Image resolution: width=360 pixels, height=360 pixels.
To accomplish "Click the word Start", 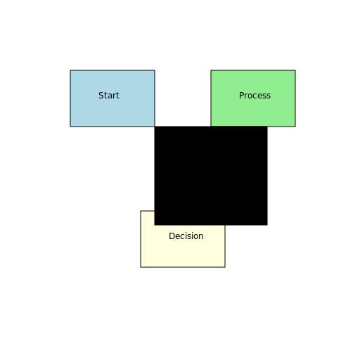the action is pyautogui.click(x=109, y=96).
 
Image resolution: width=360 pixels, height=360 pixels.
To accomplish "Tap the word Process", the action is pyautogui.click(x=255, y=96).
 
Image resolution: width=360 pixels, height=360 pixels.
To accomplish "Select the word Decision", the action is pyautogui.click(x=186, y=236).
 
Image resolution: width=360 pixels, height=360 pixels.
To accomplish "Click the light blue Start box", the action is pyautogui.click(x=112, y=98).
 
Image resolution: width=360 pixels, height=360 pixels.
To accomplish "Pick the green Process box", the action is pyautogui.click(x=253, y=98).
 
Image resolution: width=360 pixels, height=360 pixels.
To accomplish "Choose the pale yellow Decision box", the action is pyautogui.click(x=183, y=246).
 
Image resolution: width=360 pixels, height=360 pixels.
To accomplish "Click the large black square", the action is pyautogui.click(x=211, y=176).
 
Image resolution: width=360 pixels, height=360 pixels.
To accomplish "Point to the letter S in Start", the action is pyautogui.click(x=101, y=96).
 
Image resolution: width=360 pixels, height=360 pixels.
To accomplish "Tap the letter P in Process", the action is pyautogui.click(x=242, y=96).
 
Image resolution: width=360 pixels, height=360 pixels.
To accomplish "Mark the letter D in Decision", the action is pyautogui.click(x=172, y=236).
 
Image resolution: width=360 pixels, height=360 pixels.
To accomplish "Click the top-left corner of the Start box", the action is pyautogui.click(x=70, y=70).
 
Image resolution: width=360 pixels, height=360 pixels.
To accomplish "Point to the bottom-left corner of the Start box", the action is pyautogui.click(x=70, y=127).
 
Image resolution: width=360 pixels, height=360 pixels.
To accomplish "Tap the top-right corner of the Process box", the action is pyautogui.click(x=295, y=70).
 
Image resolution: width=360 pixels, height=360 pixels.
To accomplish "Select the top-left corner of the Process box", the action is pyautogui.click(x=211, y=70).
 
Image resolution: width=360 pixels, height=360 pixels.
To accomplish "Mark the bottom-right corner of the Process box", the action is pyautogui.click(x=295, y=127).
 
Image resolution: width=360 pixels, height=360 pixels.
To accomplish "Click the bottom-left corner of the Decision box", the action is pyautogui.click(x=141, y=267).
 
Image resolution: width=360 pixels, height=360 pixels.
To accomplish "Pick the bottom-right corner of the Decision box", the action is pyautogui.click(x=225, y=267).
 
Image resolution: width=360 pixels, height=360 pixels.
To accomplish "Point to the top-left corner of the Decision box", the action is pyautogui.click(x=141, y=211).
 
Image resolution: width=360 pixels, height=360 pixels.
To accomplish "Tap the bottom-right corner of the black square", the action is pyautogui.click(x=267, y=225).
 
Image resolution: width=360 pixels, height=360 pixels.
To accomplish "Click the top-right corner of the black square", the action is pyautogui.click(x=267, y=127).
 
